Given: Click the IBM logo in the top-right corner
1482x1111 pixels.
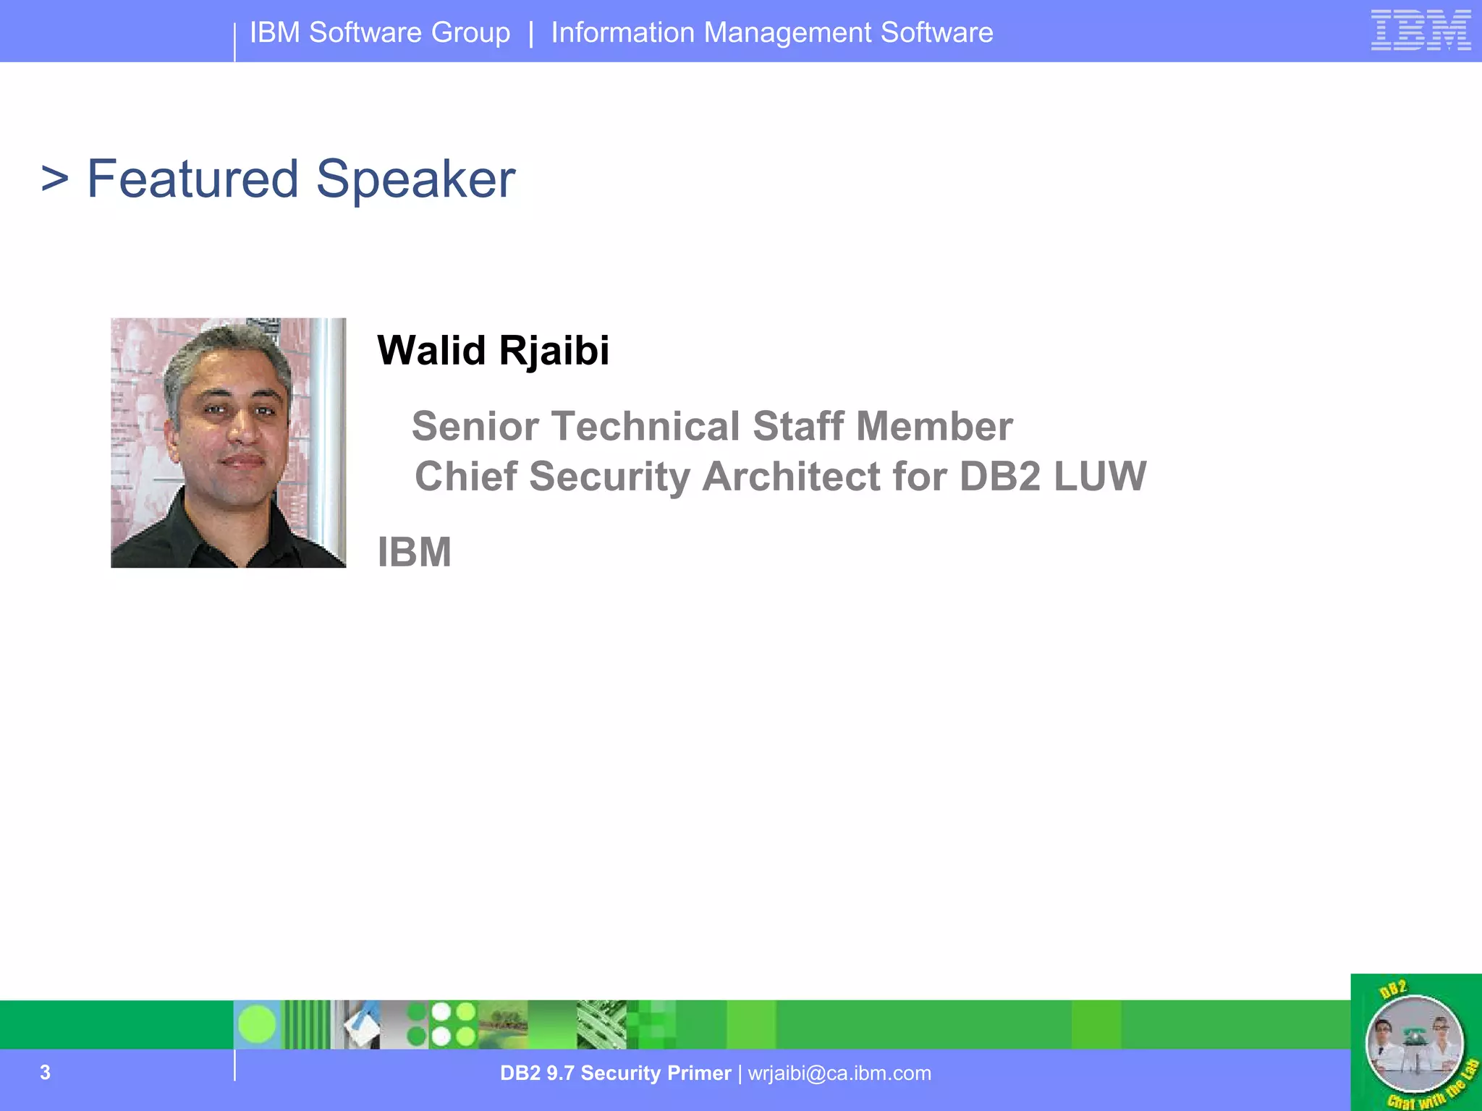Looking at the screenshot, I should coord(1420,30).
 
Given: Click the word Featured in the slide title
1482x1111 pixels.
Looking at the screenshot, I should coord(192,179).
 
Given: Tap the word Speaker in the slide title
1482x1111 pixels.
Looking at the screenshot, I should coord(415,179).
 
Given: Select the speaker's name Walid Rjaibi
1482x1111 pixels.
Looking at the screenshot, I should coord(493,351).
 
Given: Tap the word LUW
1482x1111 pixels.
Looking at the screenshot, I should coord(1100,477).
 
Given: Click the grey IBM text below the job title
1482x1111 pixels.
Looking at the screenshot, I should coord(415,553).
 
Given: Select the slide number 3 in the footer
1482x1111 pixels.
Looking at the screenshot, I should coord(45,1072).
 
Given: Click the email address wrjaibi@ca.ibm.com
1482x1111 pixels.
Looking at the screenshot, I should coord(839,1073).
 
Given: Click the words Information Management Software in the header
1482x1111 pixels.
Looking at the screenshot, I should coord(772,33).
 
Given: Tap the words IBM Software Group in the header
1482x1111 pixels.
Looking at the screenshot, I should coord(380,33).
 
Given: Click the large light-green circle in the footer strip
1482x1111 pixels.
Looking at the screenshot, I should coord(257,1025).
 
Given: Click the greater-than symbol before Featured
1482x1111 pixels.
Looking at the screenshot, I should coord(55,179).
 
